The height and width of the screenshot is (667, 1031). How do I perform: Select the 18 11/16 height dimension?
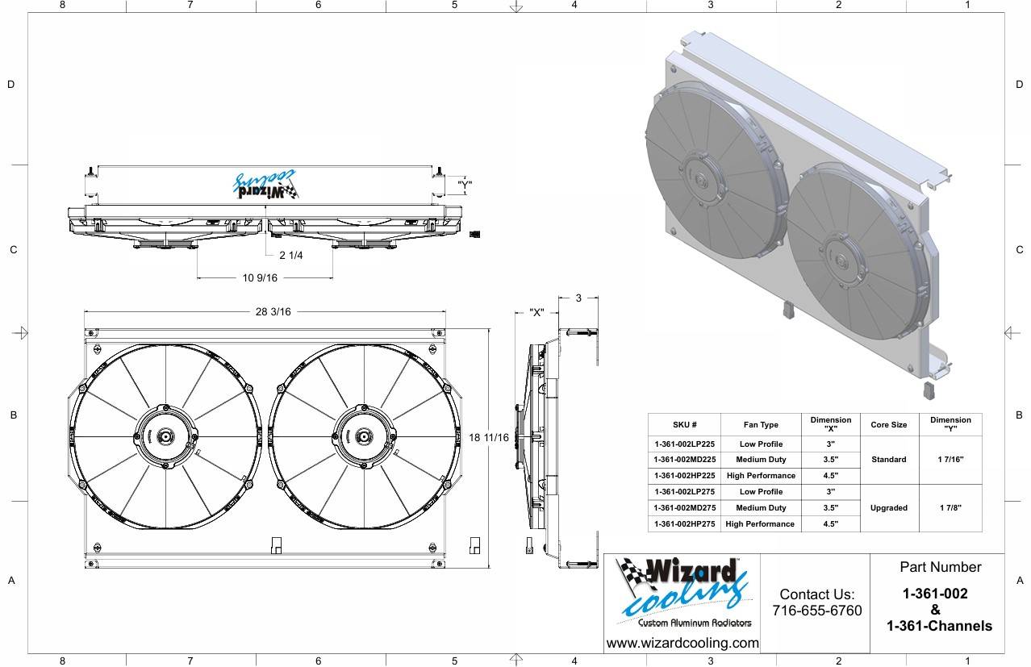pyautogui.click(x=489, y=438)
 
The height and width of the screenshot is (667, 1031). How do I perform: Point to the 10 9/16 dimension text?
pyautogui.click(x=260, y=277)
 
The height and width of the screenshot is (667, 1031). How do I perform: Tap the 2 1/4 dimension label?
pyautogui.click(x=290, y=256)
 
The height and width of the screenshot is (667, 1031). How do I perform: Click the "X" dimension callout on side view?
pyautogui.click(x=536, y=313)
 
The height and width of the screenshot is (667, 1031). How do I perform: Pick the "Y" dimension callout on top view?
pyautogui.click(x=464, y=185)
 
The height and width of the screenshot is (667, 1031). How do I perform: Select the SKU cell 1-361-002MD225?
pyautogui.click(x=684, y=460)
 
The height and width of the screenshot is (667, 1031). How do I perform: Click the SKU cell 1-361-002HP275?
pyautogui.click(x=684, y=524)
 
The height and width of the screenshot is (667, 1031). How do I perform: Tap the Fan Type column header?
pyautogui.click(x=760, y=424)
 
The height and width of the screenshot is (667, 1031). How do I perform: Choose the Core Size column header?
pyautogui.click(x=888, y=424)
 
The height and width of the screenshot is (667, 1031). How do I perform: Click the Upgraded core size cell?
pyautogui.click(x=889, y=508)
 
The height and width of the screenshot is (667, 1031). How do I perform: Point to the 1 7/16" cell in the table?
pyautogui.click(x=950, y=460)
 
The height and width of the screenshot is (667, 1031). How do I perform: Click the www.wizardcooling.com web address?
pyautogui.click(x=682, y=643)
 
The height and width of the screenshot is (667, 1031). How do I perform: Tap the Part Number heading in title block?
pyautogui.click(x=940, y=567)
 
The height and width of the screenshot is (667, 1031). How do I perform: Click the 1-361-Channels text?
pyautogui.click(x=939, y=626)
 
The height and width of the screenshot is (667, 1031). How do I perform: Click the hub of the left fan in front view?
pyautogui.click(x=165, y=437)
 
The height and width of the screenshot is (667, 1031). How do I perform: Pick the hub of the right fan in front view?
pyautogui.click(x=364, y=437)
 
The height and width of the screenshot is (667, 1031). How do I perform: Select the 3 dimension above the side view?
pyautogui.click(x=578, y=298)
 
